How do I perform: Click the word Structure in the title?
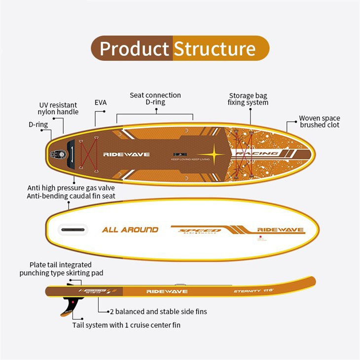coord(215,49)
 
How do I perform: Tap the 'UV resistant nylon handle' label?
coord(58,108)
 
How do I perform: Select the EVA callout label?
coord(101,103)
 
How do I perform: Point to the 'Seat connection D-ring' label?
coord(155,99)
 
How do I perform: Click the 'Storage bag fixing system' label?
coord(248,99)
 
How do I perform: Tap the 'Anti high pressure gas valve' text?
coord(72,188)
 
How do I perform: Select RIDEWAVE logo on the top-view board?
coord(126,154)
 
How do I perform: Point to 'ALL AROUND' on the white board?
coord(130,230)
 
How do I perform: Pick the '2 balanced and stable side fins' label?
coord(158,312)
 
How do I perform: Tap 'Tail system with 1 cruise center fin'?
coord(130,325)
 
